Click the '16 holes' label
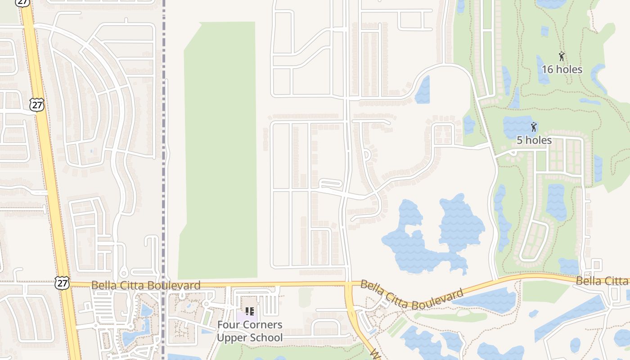(x=562, y=69)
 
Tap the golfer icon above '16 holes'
(x=562, y=57)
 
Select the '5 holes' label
(x=534, y=140)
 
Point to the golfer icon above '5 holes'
(x=534, y=127)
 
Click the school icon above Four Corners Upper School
(x=250, y=311)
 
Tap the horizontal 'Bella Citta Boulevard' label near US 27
(x=146, y=285)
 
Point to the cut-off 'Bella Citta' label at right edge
(x=603, y=281)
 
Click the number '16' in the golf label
(x=548, y=69)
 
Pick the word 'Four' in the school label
(x=227, y=325)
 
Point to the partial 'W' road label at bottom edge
(x=373, y=354)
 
